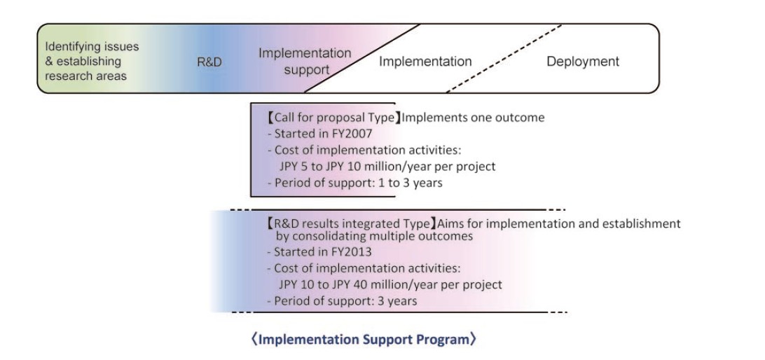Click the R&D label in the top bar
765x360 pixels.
tap(209, 62)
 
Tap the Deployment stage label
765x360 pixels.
tap(583, 62)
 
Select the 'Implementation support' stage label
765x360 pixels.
tap(305, 61)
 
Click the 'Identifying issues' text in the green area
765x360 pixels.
tap(92, 46)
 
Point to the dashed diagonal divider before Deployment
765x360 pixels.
tap(504, 58)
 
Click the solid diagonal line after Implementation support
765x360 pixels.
tap(362, 58)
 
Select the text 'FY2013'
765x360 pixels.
tap(354, 252)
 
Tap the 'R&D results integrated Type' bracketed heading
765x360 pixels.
tap(351, 224)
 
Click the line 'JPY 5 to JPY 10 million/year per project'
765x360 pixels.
tap(387, 166)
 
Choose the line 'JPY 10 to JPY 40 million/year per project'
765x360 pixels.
tap(390, 284)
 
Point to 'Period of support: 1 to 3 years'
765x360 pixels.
tap(355, 183)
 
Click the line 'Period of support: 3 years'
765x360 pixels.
tap(343, 301)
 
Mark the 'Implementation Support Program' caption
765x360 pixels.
tap(364, 340)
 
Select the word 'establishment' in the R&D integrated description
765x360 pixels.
tap(642, 224)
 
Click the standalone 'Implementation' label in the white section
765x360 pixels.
tap(425, 62)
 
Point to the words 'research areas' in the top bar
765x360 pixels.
tap(86, 76)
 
